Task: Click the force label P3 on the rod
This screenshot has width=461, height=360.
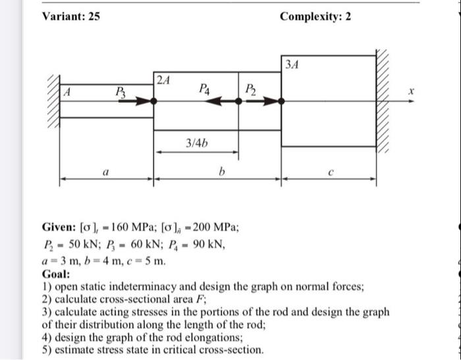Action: (x=121, y=91)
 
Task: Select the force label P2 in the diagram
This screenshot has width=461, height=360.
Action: (x=250, y=90)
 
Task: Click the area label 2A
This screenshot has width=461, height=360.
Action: (x=163, y=80)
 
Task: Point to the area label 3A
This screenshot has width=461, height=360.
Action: (x=293, y=63)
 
